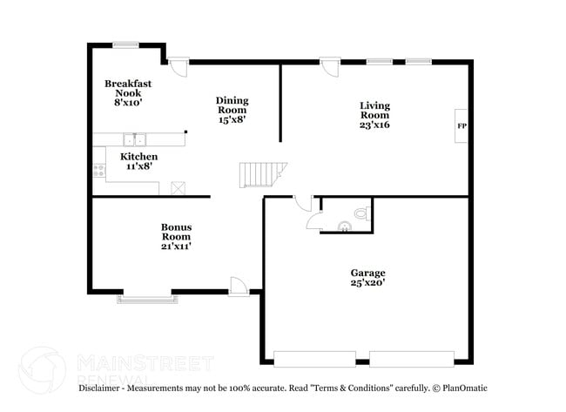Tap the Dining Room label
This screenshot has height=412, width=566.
232,110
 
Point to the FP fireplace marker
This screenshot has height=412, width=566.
462,126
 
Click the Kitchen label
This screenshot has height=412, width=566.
138,157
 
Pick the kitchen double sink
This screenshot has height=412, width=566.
134,139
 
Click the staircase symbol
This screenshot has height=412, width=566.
260,174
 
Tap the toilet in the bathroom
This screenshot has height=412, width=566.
360,213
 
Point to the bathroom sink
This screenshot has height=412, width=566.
345,226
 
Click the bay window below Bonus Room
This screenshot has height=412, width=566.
148,299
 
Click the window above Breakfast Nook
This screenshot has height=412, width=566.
125,44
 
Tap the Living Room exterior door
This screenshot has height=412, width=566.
329,67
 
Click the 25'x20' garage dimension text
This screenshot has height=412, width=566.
368,283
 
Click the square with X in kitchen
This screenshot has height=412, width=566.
179,188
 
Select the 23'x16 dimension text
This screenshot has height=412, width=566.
375,125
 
